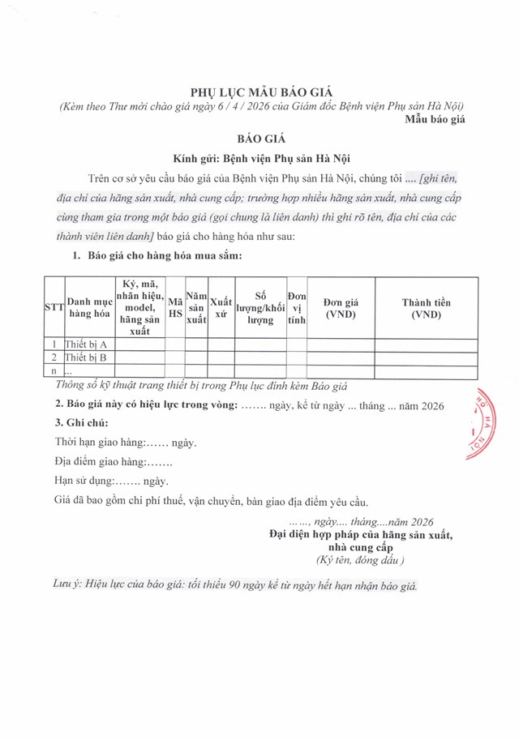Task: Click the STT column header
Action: pos(54,309)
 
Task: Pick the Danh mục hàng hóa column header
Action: pos(89,309)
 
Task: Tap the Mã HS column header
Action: pos(174,309)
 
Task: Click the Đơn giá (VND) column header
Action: pos(341,309)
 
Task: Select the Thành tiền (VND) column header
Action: pos(426,309)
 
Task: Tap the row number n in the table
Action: pos(54,370)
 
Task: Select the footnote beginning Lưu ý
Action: pos(235,585)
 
